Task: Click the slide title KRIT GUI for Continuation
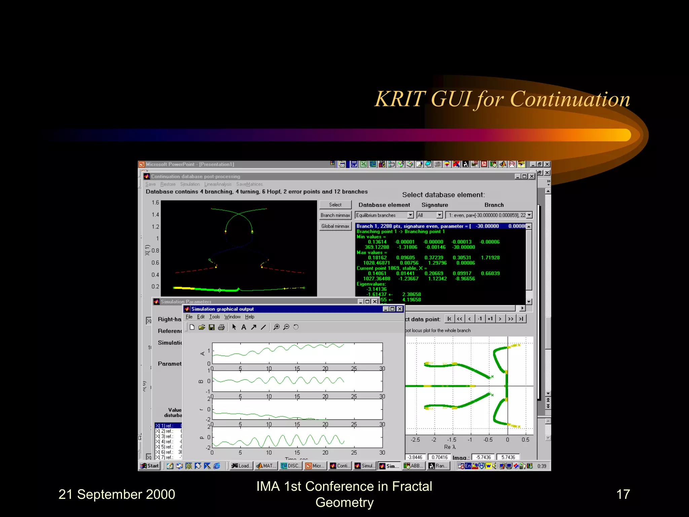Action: [502, 99]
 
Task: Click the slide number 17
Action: [623, 494]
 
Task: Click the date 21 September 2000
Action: [117, 494]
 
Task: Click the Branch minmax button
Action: [335, 215]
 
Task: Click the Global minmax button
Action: [335, 226]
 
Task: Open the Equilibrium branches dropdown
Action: [410, 215]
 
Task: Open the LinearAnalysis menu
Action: [218, 184]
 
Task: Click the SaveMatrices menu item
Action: [249, 184]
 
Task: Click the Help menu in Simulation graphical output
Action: [249, 317]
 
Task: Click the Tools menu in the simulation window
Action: [214, 317]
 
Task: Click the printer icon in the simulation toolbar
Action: [221, 327]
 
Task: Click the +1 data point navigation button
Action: [490, 319]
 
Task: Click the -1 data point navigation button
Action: [480, 319]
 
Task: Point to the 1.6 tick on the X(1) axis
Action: [155, 202]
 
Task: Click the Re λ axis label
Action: [449, 447]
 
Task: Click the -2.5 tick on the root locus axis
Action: [415, 440]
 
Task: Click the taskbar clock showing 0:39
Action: [542, 466]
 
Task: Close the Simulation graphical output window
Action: [400, 309]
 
